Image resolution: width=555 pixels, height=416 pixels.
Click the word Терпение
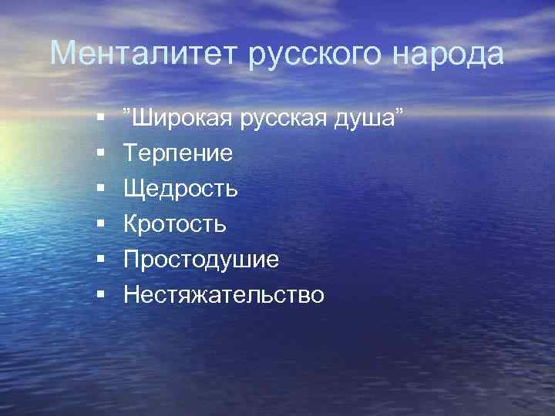pos(177,153)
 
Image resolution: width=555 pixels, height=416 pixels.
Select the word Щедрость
pos(180,189)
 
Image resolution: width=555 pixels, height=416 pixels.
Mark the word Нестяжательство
pos(224,295)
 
